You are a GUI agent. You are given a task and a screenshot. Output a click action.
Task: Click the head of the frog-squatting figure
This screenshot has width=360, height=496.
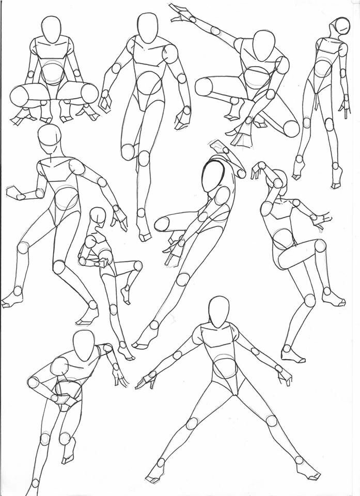[x=52, y=29]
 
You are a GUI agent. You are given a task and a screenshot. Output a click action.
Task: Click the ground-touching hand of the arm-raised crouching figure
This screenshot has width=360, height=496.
[x=240, y=137]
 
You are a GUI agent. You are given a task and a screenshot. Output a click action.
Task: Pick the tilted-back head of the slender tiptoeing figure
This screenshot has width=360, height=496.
[x=341, y=25]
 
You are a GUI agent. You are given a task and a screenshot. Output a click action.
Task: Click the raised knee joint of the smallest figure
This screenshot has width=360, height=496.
[x=137, y=266]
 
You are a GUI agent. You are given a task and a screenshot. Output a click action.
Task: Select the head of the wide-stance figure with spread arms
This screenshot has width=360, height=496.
[x=219, y=312]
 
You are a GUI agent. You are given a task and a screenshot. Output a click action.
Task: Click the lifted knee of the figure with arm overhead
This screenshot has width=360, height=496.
[x=321, y=245]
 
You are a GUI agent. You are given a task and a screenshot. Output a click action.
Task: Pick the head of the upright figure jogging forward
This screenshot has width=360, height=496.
[x=148, y=28]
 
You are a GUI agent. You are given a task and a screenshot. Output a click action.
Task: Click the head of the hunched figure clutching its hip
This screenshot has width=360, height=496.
[x=83, y=346]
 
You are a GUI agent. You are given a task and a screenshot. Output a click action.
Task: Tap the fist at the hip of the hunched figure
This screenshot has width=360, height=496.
[x=64, y=400]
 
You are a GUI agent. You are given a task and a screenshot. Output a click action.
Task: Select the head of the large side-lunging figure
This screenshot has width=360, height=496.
[x=50, y=138]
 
